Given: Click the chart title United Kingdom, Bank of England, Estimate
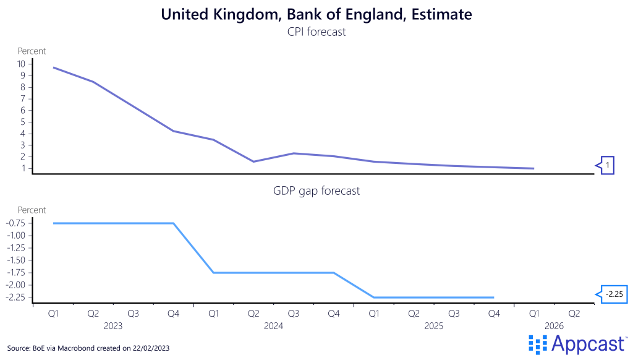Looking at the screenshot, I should pyautogui.click(x=316, y=14).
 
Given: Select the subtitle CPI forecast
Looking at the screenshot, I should pyautogui.click(x=316, y=32).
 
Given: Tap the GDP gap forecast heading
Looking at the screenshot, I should pyautogui.click(x=316, y=191).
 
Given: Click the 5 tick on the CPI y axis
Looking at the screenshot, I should pyautogui.click(x=23, y=122).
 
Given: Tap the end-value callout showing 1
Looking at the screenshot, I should pyautogui.click(x=606, y=165).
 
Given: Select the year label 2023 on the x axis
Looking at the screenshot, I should pyautogui.click(x=113, y=325).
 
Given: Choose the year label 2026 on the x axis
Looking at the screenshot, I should pyautogui.click(x=554, y=325).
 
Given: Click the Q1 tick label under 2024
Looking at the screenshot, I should pyautogui.click(x=213, y=314).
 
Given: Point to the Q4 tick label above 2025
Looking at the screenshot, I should pyautogui.click(x=494, y=314).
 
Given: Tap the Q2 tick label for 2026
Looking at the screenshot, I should pyautogui.click(x=574, y=314).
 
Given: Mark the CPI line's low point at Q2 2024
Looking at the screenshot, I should pyautogui.click(x=253, y=161).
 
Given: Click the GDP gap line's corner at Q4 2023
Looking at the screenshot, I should pyautogui.click(x=174, y=223).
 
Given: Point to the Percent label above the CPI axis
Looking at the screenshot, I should pyautogui.click(x=32, y=51).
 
